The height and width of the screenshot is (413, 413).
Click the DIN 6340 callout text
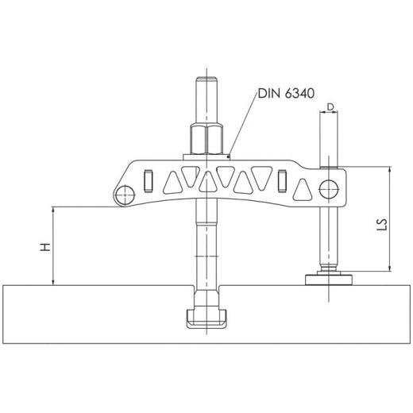click(x=285, y=95)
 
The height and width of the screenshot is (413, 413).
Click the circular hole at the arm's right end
click(x=327, y=187)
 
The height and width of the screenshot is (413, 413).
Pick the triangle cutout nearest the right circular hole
click(x=303, y=190)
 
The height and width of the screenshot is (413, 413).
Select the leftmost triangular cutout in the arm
click(x=171, y=184)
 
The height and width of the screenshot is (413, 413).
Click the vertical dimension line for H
click(x=53, y=246)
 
